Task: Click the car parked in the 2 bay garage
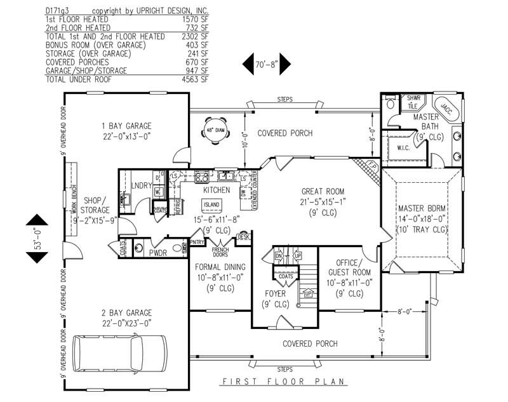tap(119, 354)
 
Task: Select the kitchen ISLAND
tap(211, 204)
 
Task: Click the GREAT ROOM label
tap(323, 191)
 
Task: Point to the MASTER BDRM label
tap(422, 208)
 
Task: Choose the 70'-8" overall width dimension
tap(267, 64)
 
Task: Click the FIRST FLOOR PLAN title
tap(283, 382)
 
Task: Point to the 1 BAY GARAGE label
tap(126, 125)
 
